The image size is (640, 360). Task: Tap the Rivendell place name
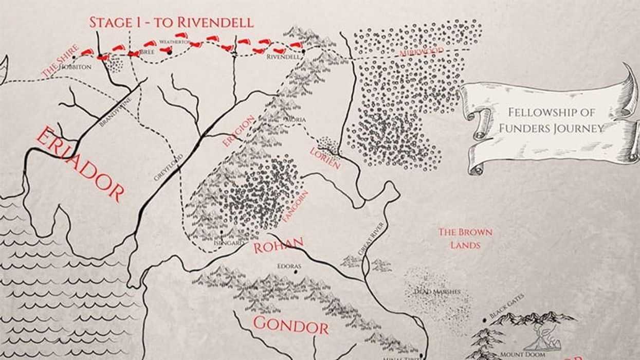click(283, 57)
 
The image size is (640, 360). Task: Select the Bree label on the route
click(147, 52)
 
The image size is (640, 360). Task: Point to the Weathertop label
click(175, 41)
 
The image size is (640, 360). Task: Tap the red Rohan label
click(278, 246)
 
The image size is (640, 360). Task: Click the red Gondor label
click(290, 325)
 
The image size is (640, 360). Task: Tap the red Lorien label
click(325, 158)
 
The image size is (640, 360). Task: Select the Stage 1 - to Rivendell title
click(171, 22)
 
